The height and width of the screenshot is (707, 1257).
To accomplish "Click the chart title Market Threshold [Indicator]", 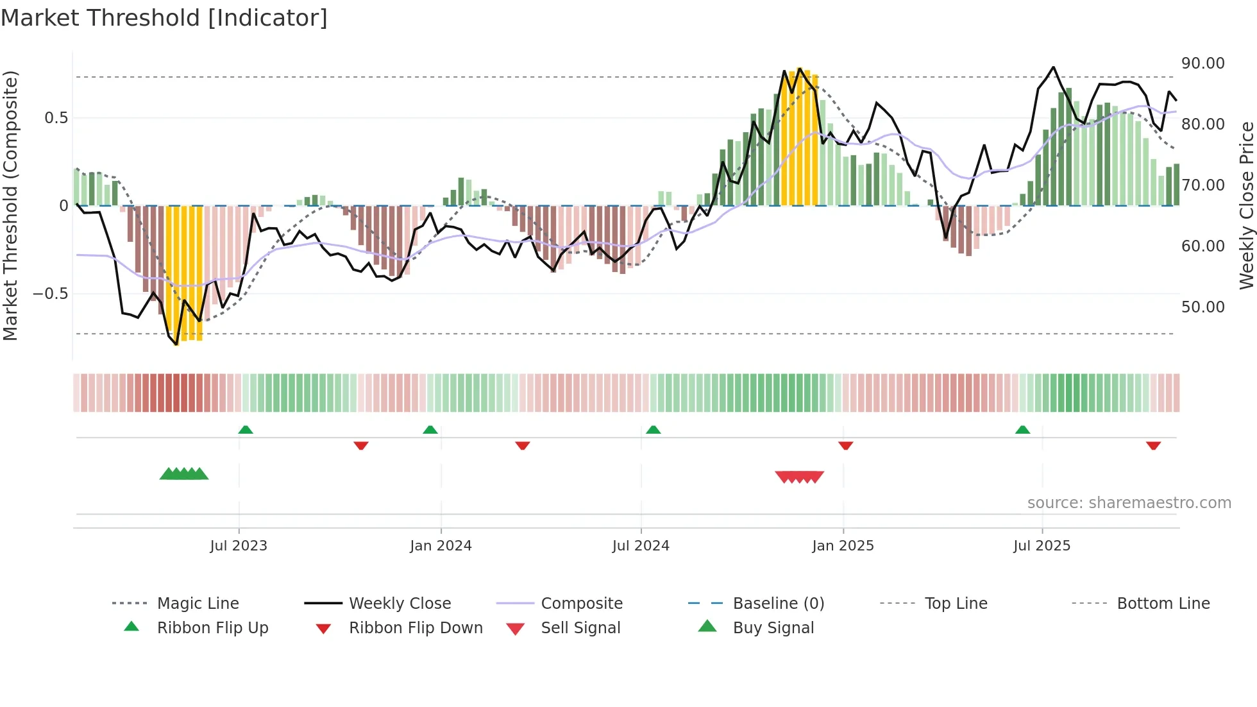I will coord(164,18).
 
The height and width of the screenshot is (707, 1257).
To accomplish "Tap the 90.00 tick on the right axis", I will coord(1202,64).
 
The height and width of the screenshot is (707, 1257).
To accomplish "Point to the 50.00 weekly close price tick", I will coord(1202,307).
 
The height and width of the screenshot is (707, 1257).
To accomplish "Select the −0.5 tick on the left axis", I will coord(51,294).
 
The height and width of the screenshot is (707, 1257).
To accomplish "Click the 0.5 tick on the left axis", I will coord(56,118).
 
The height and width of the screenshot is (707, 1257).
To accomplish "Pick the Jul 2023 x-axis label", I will coord(238,546).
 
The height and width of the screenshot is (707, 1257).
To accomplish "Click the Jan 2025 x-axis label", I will coord(842,546).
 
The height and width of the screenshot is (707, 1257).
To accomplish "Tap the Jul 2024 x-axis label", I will coord(640,546).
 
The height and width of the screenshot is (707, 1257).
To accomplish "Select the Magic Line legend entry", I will coord(198,604).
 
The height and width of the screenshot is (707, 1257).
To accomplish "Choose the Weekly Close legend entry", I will coord(400,604).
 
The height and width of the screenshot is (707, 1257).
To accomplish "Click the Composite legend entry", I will coord(581,604).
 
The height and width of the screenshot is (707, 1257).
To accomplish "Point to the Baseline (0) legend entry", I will coord(778,604).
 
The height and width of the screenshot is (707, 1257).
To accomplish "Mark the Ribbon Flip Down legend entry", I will coord(415,628).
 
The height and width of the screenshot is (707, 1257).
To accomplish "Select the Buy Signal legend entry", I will coord(773,628).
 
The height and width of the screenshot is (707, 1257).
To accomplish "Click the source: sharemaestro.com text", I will coord(1129,503).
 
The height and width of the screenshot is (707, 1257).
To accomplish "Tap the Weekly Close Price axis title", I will coord(1246,205).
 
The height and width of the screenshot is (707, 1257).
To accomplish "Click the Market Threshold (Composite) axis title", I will coord(10,205).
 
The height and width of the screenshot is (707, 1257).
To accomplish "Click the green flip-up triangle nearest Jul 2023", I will coord(246,430).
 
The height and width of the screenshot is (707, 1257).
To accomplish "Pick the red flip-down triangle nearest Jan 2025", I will coord(845,445).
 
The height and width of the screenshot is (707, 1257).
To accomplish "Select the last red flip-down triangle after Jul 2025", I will coord(1153,445).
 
